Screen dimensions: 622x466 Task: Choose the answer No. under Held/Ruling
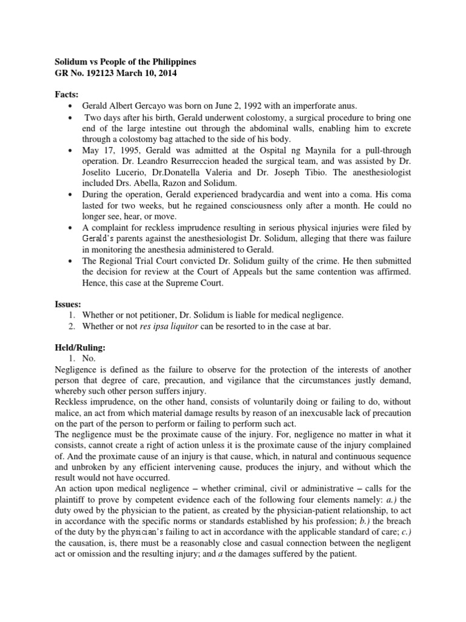point(88,360)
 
